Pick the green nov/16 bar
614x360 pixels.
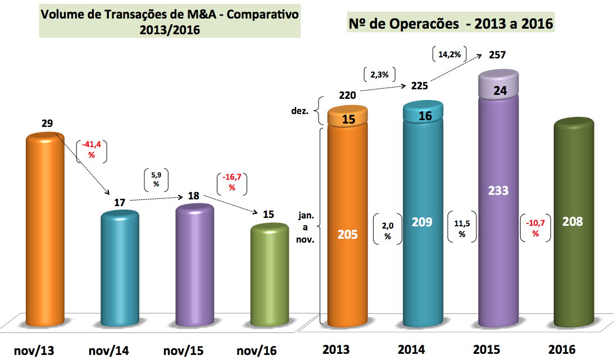click(269, 275)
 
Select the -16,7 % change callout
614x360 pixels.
click(231, 183)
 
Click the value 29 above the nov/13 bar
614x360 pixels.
click(47, 123)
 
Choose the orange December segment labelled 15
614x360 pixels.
click(347, 119)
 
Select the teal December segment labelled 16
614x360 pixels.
click(423, 115)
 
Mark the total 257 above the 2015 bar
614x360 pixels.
click(498, 55)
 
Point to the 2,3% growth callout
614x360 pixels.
click(380, 74)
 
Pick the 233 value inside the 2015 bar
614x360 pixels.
click(498, 190)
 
